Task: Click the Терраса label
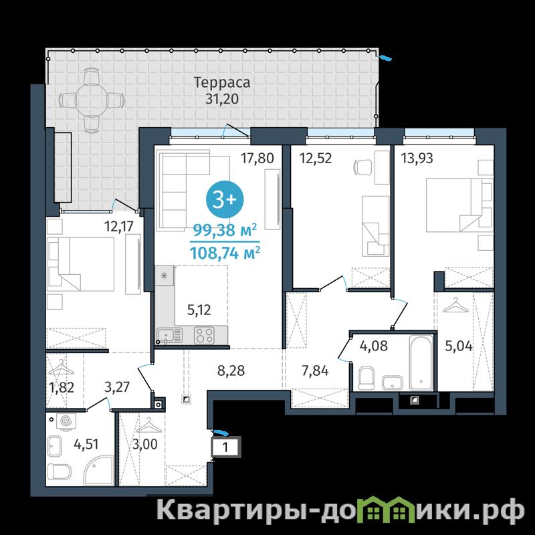point(222,82)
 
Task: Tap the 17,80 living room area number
point(257,158)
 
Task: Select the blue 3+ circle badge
point(225,200)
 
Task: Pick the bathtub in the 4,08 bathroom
point(421,362)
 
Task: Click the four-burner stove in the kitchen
point(205,335)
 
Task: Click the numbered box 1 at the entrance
point(226,447)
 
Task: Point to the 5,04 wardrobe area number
point(459,346)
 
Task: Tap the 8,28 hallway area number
point(231,370)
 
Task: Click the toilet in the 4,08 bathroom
point(366,378)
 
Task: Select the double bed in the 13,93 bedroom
point(459,205)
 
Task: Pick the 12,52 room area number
point(316,158)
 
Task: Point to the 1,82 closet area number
point(62,387)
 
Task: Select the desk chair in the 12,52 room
point(363,167)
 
